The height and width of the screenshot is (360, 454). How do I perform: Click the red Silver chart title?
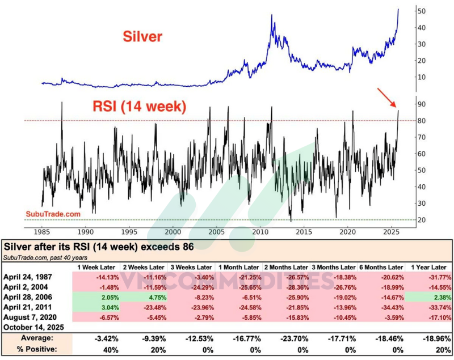tap(144, 37)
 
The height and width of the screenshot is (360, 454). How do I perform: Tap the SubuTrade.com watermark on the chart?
tap(53, 214)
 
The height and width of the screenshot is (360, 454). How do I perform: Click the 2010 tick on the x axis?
tap(260, 232)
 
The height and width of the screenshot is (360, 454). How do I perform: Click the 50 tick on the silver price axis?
tap(422, 11)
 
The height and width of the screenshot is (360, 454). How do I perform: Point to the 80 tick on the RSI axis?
tap(422, 121)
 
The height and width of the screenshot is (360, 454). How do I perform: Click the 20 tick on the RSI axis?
tap(422, 220)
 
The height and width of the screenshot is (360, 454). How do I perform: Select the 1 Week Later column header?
tap(97, 266)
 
